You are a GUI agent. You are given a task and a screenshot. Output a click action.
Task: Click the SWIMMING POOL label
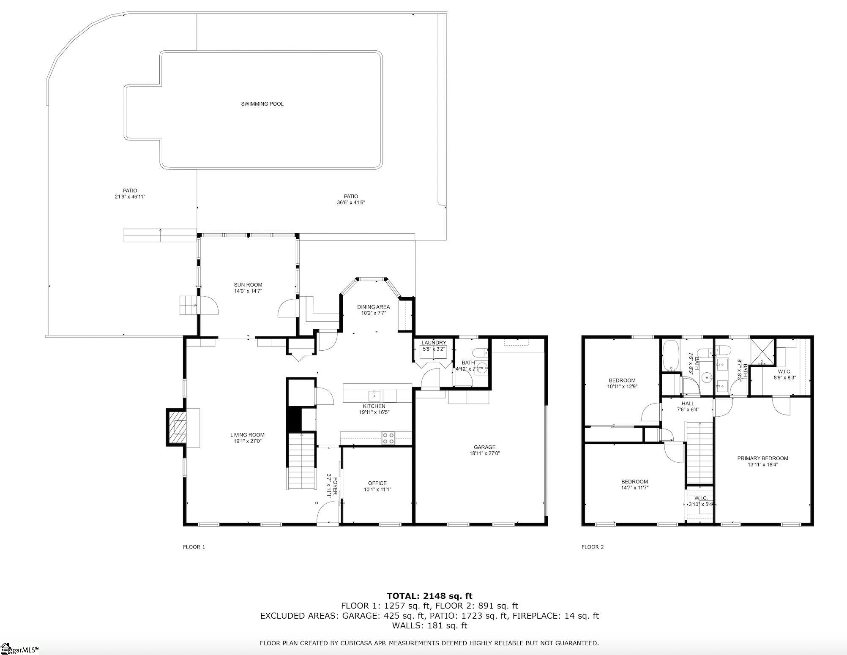pyautogui.click(x=262, y=104)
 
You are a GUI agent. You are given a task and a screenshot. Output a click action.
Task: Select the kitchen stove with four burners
pyautogui.click(x=388, y=438)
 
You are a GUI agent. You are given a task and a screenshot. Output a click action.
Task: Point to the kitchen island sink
pyautogui.click(x=374, y=396)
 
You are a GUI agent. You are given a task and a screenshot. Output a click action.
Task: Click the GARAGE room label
pyautogui.click(x=484, y=447)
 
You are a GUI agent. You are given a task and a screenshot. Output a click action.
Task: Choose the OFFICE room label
pyautogui.click(x=377, y=483)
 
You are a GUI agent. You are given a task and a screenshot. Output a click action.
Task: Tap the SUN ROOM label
pyautogui.click(x=248, y=285)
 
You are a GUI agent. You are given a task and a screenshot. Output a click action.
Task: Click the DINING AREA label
pyautogui.click(x=373, y=307)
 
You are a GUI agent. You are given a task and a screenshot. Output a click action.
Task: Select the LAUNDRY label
pyautogui.click(x=434, y=343)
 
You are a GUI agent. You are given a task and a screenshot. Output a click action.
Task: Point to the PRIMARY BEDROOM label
pyautogui.click(x=762, y=458)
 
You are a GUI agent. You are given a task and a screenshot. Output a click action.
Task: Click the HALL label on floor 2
pyautogui.click(x=688, y=404)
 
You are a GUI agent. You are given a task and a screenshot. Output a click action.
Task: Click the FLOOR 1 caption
pyautogui.click(x=194, y=547)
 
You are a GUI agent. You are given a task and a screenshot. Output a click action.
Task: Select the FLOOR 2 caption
pyautogui.click(x=593, y=547)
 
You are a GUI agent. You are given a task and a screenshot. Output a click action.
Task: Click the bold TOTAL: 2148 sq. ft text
pyautogui.click(x=429, y=596)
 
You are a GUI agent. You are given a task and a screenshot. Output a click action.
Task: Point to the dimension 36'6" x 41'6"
pyautogui.click(x=351, y=202)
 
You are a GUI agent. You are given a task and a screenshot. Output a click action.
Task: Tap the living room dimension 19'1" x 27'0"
pyautogui.click(x=248, y=441)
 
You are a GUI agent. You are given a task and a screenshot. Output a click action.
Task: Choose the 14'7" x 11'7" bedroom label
pyautogui.click(x=634, y=487)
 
